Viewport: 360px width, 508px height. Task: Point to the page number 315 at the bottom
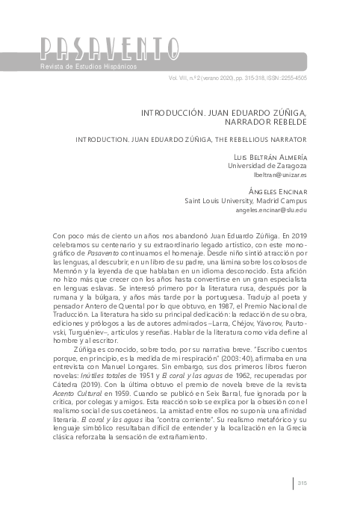pyautogui.click(x=302, y=484)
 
